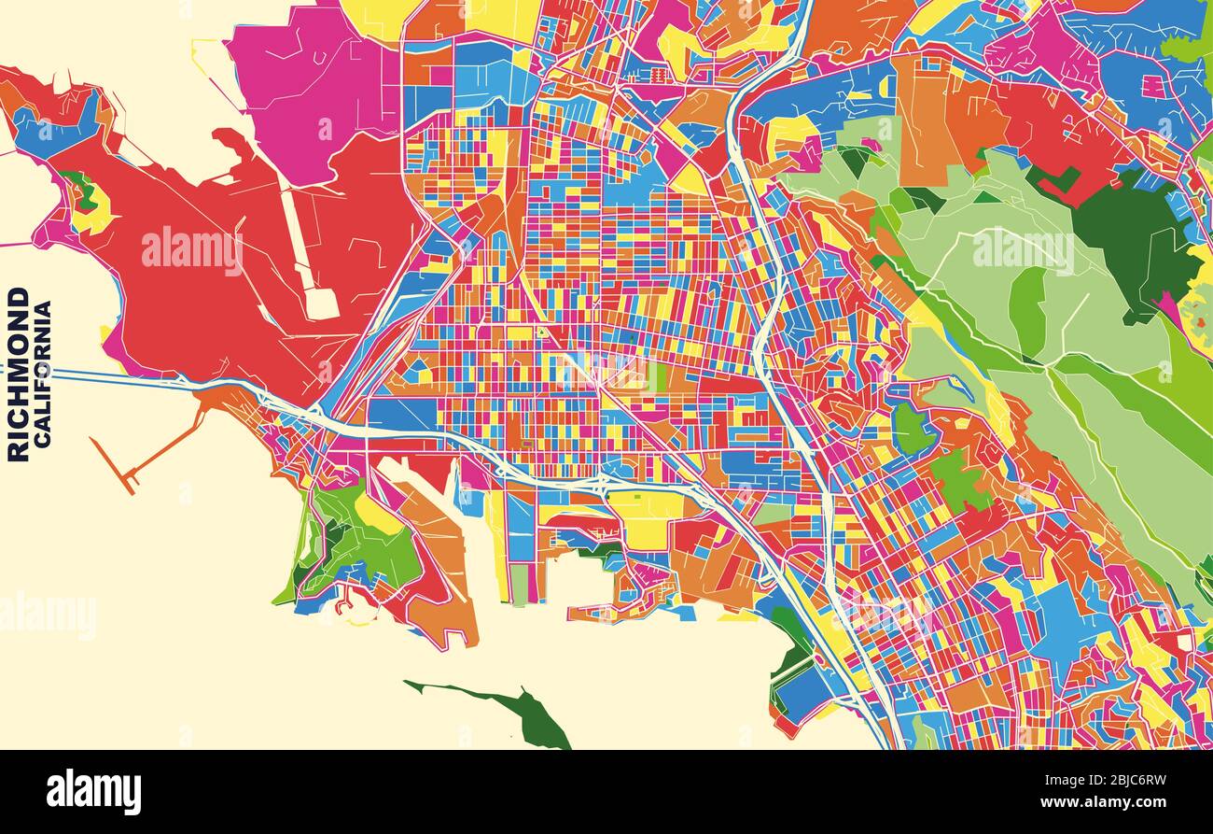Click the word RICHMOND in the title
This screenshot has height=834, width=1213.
point(18,374)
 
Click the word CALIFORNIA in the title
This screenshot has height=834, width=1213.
point(43,374)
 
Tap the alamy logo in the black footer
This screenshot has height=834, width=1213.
point(93,792)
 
